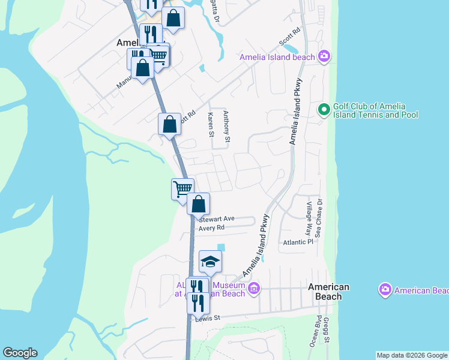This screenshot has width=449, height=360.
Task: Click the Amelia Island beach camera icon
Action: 324,57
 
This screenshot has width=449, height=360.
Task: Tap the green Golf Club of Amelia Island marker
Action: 324,109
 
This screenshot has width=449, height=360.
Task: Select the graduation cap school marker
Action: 210,262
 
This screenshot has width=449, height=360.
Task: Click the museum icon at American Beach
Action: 254,289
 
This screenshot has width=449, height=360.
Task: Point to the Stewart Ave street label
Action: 216,219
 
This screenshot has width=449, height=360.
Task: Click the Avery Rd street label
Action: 211,228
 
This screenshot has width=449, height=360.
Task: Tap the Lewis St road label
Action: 208,318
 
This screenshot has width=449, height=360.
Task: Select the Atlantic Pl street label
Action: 299,242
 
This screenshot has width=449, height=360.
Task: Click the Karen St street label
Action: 211,124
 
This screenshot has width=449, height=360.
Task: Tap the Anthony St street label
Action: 226,127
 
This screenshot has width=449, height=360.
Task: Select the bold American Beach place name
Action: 329,292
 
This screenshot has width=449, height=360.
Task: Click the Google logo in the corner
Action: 20,353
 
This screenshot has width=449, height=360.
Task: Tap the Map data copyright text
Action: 412,355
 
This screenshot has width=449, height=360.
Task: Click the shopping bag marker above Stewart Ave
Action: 198,204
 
